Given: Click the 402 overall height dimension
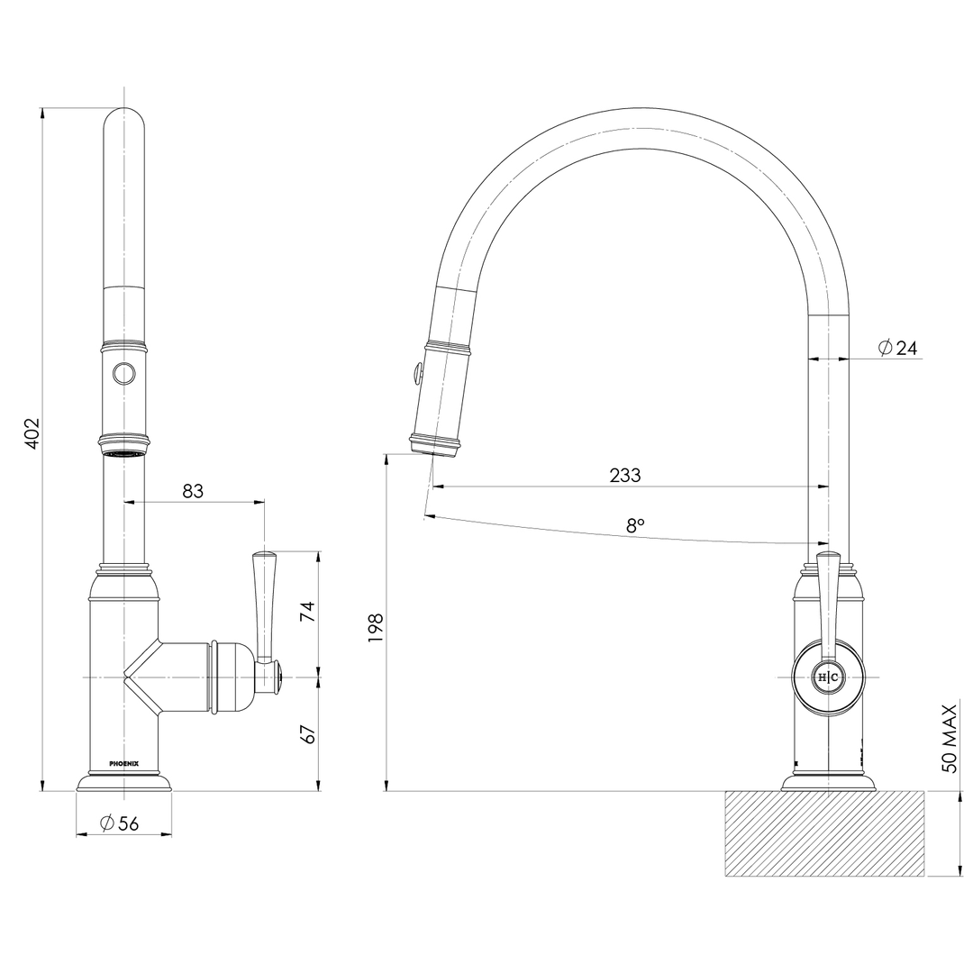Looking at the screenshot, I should coord(32,434).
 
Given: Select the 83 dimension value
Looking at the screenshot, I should coord(193,490).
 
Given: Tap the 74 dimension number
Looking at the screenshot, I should coord(307,612).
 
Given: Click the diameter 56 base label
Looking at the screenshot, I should coord(120,823).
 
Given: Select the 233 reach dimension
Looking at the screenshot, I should coord(624,475).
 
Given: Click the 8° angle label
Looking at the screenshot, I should coord(635,525).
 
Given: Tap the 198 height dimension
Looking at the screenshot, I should coord(377,628).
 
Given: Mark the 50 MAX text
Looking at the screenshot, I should coord(948,739).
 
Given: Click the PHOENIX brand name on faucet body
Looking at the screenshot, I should coord(123,763).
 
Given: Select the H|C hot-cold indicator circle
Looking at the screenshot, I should coord(827,677).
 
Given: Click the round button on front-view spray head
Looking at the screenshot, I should coord(123,372).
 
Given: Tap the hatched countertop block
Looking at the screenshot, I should coord(824,833).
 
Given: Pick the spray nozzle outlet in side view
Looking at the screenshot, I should coord(436,444).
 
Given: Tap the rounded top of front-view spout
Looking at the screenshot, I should coord(123,122).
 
